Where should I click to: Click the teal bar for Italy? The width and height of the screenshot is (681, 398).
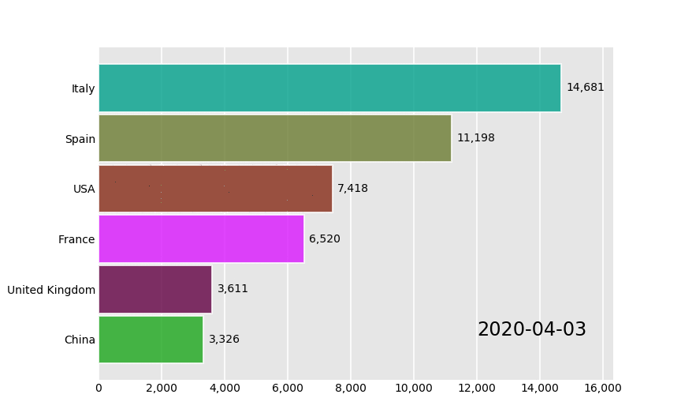[329, 88]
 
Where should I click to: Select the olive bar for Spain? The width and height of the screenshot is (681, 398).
[274, 138]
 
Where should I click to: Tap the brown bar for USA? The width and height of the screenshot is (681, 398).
[215, 189]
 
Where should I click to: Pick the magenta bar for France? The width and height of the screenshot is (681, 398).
[201, 239]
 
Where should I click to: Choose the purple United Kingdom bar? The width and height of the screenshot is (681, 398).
[155, 289]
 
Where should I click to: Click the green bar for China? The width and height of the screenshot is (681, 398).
[151, 340]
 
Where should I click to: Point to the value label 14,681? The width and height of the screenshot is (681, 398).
[585, 88]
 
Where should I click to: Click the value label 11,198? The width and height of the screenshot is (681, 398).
[475, 138]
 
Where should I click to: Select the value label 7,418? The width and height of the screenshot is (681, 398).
[352, 189]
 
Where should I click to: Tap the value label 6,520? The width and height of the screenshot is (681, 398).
[324, 239]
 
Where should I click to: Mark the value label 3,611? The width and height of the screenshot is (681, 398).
[233, 289]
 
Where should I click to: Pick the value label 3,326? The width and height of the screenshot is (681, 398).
[224, 340]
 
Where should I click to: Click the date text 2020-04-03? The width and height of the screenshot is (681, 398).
[531, 330]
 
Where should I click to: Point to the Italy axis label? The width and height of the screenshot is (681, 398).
[83, 88]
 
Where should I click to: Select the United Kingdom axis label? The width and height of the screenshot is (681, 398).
[51, 290]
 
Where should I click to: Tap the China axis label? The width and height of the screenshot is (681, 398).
[80, 340]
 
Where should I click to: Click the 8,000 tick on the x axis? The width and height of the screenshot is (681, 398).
[351, 388]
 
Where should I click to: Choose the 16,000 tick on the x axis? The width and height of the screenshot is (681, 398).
[603, 388]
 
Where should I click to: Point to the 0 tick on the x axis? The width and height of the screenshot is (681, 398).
[99, 388]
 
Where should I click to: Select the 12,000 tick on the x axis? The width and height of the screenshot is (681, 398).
[477, 388]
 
